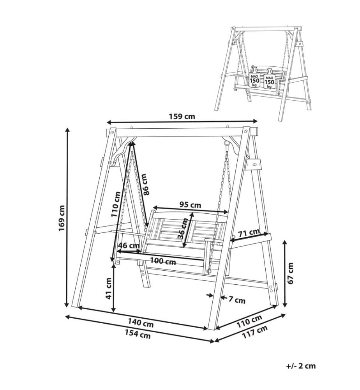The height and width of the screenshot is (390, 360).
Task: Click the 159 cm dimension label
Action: pyautogui.click(x=182, y=116)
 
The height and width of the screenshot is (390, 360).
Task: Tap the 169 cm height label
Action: pyautogui.click(x=62, y=218)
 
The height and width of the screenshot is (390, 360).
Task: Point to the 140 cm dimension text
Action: pyautogui.click(x=141, y=323)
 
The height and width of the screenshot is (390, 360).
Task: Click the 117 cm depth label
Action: pyautogui.click(x=255, y=332)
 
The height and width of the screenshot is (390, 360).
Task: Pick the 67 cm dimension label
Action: pyautogui.click(x=290, y=273)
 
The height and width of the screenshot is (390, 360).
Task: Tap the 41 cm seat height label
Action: pyautogui.click(x=109, y=289)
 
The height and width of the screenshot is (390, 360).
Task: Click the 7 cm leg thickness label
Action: pyautogui.click(x=237, y=300)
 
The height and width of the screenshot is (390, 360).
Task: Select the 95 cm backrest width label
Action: pyautogui.click(x=190, y=205)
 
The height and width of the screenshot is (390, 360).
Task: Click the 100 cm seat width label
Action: pyautogui.click(x=163, y=261)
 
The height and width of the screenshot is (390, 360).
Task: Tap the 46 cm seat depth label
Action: pyautogui.click(x=129, y=245)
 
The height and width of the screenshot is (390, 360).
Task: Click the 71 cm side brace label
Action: pyautogui.click(x=249, y=233)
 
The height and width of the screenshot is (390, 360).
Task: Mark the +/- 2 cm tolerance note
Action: pyautogui.click(x=301, y=366)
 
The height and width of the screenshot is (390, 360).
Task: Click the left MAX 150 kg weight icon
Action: pyautogui.click(x=254, y=78)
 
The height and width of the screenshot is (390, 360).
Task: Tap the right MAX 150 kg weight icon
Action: pyautogui.click(x=269, y=79)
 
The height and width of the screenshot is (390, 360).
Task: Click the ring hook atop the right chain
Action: pyautogui.click(x=226, y=143)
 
